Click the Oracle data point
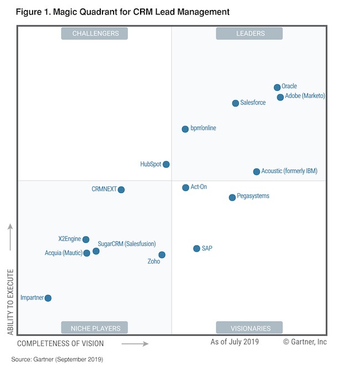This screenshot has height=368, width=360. (x=277, y=88)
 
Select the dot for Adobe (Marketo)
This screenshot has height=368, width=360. (x=280, y=97)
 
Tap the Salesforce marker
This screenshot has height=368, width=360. (x=235, y=103)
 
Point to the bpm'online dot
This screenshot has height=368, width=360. (x=185, y=129)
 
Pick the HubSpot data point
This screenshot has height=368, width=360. (x=166, y=164)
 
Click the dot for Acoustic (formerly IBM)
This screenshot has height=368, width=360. (x=256, y=172)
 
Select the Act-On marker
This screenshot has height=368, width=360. (x=186, y=188)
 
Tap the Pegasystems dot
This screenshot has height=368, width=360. (x=232, y=197)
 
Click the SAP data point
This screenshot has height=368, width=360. (x=196, y=248)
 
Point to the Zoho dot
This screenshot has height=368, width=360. (x=162, y=255)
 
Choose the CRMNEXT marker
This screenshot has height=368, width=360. (x=121, y=190)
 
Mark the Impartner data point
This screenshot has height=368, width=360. (x=48, y=298)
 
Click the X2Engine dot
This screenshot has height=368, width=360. (x=86, y=239)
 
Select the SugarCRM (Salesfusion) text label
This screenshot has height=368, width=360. (x=127, y=244)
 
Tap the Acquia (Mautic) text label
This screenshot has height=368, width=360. (x=63, y=253)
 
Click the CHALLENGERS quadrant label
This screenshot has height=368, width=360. (x=95, y=34)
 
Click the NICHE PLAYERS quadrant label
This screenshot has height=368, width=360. (x=95, y=328)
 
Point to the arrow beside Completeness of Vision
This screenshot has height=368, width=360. (x=135, y=344)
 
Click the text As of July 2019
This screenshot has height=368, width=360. (x=234, y=342)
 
